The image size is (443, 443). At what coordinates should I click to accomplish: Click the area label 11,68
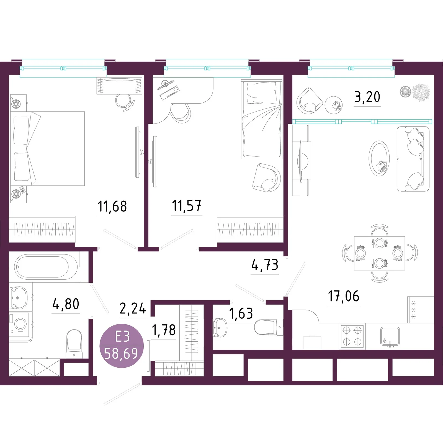(x=112, y=207)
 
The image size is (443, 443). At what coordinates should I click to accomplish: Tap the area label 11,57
(x=187, y=206)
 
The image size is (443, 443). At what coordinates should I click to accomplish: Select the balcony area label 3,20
(x=367, y=97)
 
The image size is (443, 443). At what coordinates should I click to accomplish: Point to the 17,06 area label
(x=344, y=296)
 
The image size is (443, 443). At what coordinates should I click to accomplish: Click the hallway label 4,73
(x=265, y=265)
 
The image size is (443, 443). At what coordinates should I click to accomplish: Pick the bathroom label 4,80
(x=66, y=304)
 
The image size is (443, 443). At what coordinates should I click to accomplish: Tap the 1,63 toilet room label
(x=241, y=313)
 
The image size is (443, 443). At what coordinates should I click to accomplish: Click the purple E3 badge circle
(x=122, y=346)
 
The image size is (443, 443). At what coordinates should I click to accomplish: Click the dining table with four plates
(x=379, y=253)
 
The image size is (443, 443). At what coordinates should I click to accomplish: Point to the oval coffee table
(x=379, y=158)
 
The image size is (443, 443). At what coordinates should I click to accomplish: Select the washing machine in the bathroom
(x=20, y=323)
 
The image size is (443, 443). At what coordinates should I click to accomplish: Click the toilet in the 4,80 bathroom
(x=74, y=344)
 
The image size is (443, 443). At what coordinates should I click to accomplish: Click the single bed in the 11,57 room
(x=262, y=119)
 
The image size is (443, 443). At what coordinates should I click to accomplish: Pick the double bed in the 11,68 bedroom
(x=48, y=148)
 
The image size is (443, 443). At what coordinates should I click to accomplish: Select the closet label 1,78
(x=164, y=330)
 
